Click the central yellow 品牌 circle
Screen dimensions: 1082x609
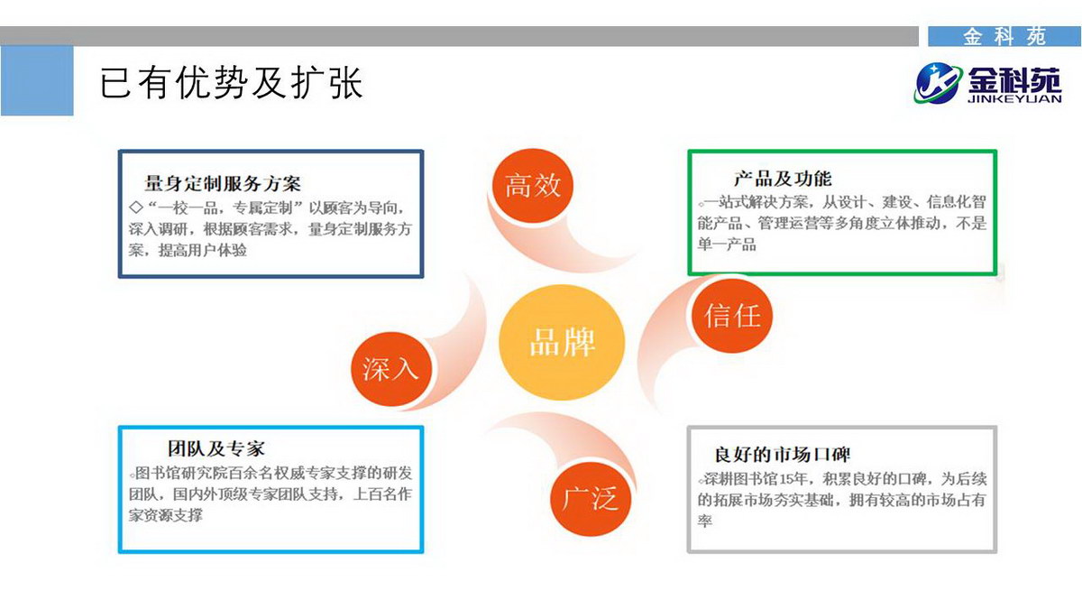coord(562,342)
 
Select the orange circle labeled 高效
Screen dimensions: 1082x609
coord(532,185)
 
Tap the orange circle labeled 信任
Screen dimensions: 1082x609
coord(732,315)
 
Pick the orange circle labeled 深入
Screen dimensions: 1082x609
coord(390,369)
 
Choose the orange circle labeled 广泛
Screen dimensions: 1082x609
coord(591,498)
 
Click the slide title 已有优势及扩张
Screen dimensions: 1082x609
coord(232,83)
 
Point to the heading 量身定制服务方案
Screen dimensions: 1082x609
coord(223,184)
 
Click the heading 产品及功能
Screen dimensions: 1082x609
coord(783,179)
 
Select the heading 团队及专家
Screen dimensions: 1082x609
coord(215,448)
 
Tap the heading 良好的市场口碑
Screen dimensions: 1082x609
coord(782,455)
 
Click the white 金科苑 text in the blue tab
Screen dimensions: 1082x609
coord(1004,37)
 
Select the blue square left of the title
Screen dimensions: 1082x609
coord(37,80)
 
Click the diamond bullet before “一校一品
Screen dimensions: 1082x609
coord(136,208)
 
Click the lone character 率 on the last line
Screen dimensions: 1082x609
coord(704,521)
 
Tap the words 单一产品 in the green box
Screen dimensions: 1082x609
coord(727,245)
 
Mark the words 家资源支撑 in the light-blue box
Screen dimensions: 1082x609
coord(166,515)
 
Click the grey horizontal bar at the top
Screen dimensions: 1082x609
coord(459,36)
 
